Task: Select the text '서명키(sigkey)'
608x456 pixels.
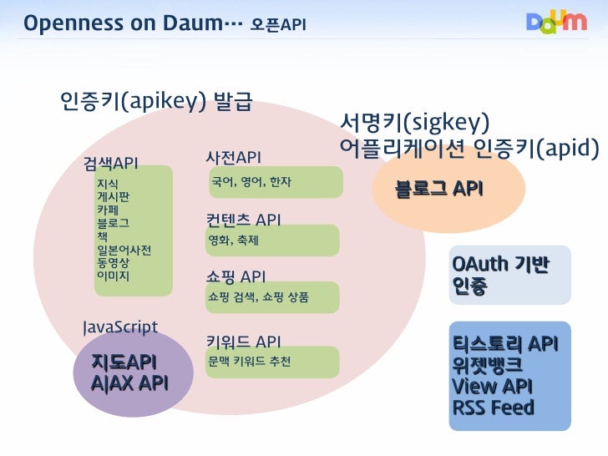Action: pos(414,123)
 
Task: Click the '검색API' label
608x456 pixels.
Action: pos(110,161)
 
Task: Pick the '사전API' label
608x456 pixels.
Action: pos(233,157)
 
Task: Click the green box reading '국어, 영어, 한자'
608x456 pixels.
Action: pos(274,182)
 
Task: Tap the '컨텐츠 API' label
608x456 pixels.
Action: pos(243,220)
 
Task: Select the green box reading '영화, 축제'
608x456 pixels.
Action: pos(272,241)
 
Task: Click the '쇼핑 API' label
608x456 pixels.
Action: pos(236,276)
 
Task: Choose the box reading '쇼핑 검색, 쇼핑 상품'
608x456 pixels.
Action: pos(272,297)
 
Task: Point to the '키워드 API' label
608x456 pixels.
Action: pos(243,342)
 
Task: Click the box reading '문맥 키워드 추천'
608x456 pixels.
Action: pos(272,362)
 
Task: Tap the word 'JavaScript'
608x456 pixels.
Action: pos(119,327)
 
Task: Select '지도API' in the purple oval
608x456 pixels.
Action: pos(124,362)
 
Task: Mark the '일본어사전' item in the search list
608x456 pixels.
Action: pos(124,250)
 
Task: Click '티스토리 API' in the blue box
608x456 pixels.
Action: pos(504,344)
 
